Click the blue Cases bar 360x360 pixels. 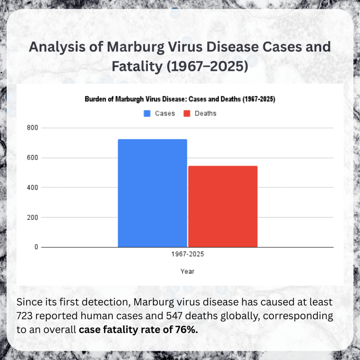coord(152,193)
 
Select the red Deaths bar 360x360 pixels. coord(223,206)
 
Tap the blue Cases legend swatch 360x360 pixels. coord(147,114)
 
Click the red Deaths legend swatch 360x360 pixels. coord(187,114)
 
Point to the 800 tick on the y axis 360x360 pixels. coord(33,128)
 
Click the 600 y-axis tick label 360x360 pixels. coord(33,158)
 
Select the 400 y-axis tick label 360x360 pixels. coord(33,187)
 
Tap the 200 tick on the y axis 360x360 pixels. coord(33,217)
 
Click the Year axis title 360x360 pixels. coord(187,271)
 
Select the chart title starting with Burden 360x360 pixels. coord(180,99)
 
